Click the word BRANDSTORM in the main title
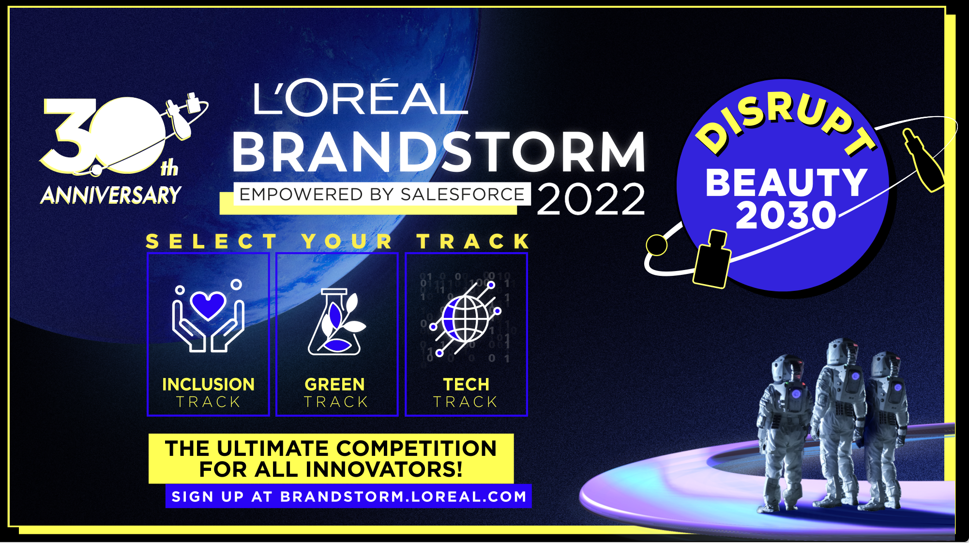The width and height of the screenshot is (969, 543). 439,152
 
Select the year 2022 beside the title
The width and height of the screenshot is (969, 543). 591,199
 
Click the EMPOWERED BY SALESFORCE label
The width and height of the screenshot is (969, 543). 382,194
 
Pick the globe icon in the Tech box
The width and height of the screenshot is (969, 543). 465,319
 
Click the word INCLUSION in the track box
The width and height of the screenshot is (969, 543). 208,384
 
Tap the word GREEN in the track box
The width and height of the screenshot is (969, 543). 334,384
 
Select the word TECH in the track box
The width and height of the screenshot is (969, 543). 466,384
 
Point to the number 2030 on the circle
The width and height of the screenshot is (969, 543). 786,215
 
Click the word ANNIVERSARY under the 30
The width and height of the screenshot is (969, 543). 111,195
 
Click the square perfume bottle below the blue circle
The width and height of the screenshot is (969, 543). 712,259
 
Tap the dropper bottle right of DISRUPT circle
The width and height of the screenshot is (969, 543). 924,160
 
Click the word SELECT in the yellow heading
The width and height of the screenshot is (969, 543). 212,241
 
